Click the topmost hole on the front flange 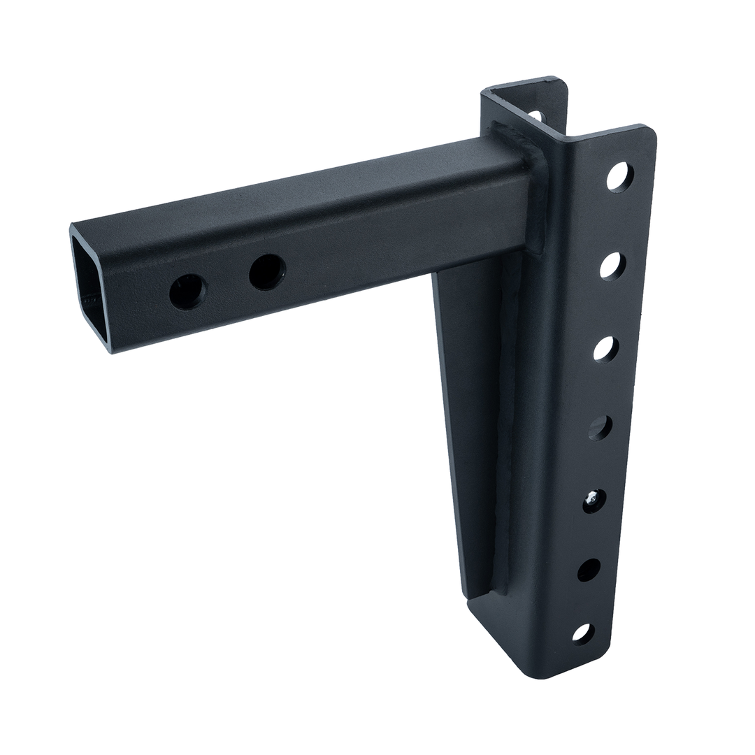[x=619, y=177]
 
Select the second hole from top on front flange [x=612, y=266]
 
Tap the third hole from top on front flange [x=605, y=349]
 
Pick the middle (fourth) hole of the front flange [x=600, y=427]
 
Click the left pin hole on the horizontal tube [x=187, y=292]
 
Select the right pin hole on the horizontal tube [x=267, y=272]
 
